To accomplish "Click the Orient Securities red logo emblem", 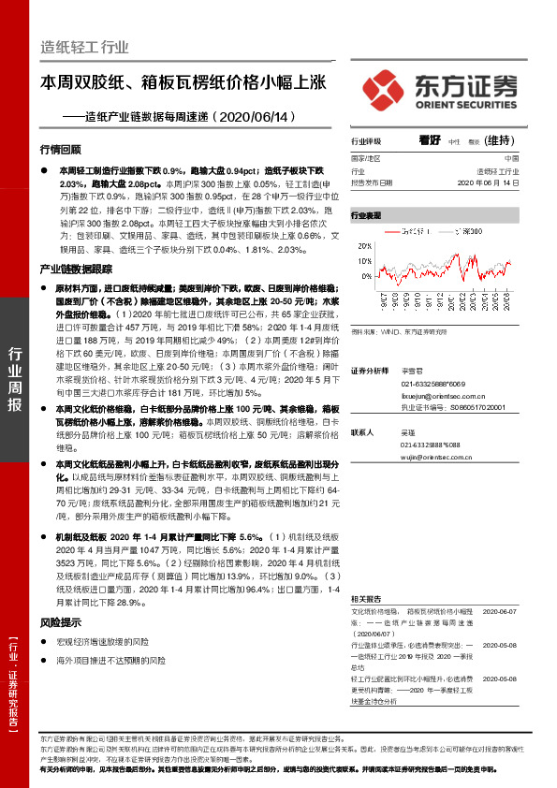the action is (383, 89).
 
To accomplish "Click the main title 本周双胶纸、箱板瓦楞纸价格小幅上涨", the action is (183, 82).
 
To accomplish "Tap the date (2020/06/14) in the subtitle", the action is (239, 118).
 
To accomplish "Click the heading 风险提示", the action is (61, 622).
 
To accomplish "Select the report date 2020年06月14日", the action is (488, 183).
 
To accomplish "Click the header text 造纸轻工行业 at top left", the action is (84, 46).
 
